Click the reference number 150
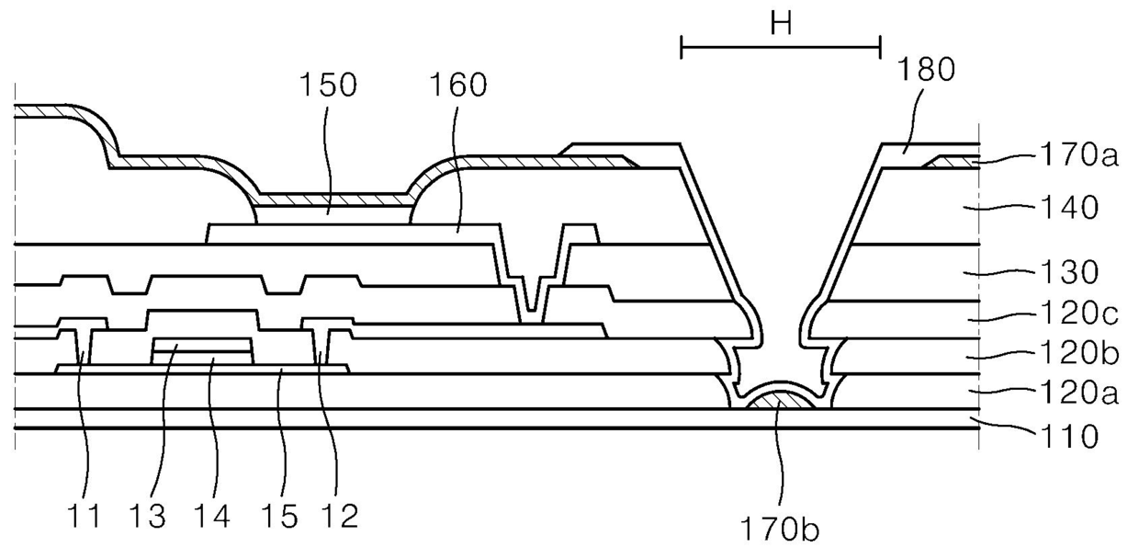(x=328, y=85)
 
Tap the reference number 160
(x=458, y=85)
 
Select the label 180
(x=926, y=69)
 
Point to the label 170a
(x=1078, y=154)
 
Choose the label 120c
(x=1078, y=313)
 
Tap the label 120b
(x=1078, y=352)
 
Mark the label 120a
(x=1078, y=393)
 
